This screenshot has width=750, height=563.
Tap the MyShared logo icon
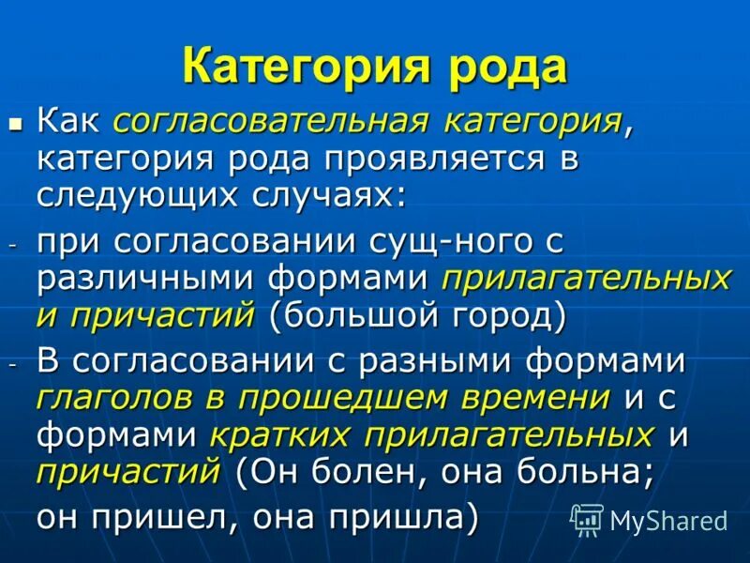point(586,519)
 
